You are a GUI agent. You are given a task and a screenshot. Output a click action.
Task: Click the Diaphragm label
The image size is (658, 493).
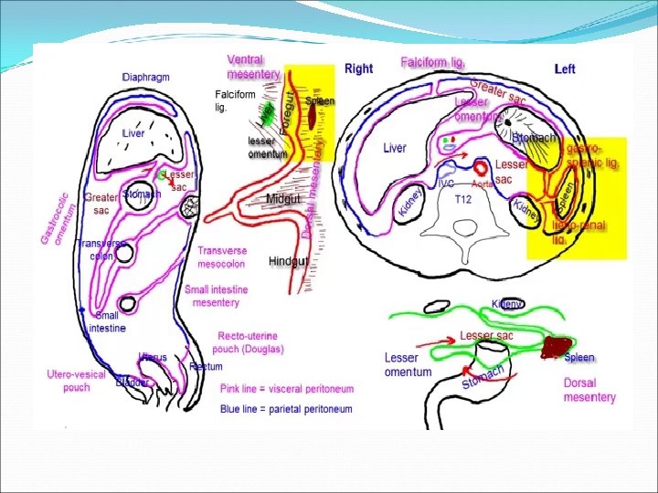(x=146, y=77)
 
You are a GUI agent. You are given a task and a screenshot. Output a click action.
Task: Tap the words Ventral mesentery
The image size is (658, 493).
(x=253, y=67)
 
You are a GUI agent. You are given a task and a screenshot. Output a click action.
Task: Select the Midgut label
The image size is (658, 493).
(x=283, y=199)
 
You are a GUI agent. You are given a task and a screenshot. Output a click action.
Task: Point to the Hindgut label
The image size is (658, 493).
(x=286, y=261)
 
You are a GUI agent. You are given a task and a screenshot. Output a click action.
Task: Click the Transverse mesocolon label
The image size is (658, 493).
(x=222, y=257)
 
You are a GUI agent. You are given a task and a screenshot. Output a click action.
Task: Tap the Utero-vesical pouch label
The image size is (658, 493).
(x=77, y=381)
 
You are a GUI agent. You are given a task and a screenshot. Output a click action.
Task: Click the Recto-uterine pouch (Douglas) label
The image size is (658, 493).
(x=250, y=342)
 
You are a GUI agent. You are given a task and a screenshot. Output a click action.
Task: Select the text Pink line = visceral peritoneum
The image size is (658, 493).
(x=286, y=389)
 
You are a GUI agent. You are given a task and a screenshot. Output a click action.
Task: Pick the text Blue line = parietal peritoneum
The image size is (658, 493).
(x=286, y=410)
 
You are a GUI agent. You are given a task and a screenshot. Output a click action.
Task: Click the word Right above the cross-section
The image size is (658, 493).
(x=358, y=68)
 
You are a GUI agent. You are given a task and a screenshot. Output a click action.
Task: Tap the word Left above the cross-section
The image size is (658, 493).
(x=565, y=69)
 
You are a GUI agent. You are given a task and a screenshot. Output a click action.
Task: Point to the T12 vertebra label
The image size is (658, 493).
(x=462, y=199)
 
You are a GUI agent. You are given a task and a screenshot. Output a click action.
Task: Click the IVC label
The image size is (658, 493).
(x=447, y=183)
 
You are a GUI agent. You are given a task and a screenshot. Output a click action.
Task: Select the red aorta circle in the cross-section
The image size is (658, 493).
(x=481, y=169)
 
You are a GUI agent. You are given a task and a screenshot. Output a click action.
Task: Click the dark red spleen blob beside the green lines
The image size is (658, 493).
(x=555, y=347)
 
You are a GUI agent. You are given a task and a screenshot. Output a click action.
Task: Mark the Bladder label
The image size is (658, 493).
(x=133, y=382)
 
